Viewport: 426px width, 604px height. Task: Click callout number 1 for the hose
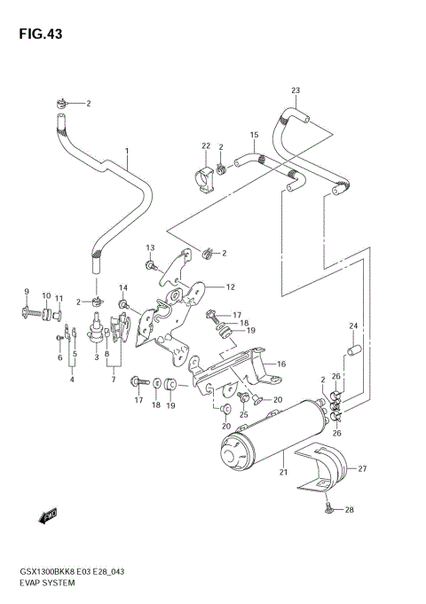(127, 152)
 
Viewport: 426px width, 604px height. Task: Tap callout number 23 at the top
(296, 90)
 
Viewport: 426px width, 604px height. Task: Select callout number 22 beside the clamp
(205, 146)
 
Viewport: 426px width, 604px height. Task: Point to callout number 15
(253, 135)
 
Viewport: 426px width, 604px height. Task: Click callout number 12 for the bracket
(229, 286)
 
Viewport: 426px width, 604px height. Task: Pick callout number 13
(150, 247)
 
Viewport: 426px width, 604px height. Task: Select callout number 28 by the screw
(350, 509)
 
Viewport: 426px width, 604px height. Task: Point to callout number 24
(352, 326)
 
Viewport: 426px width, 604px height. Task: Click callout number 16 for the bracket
(280, 364)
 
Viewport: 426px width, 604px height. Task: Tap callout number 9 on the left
(26, 293)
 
